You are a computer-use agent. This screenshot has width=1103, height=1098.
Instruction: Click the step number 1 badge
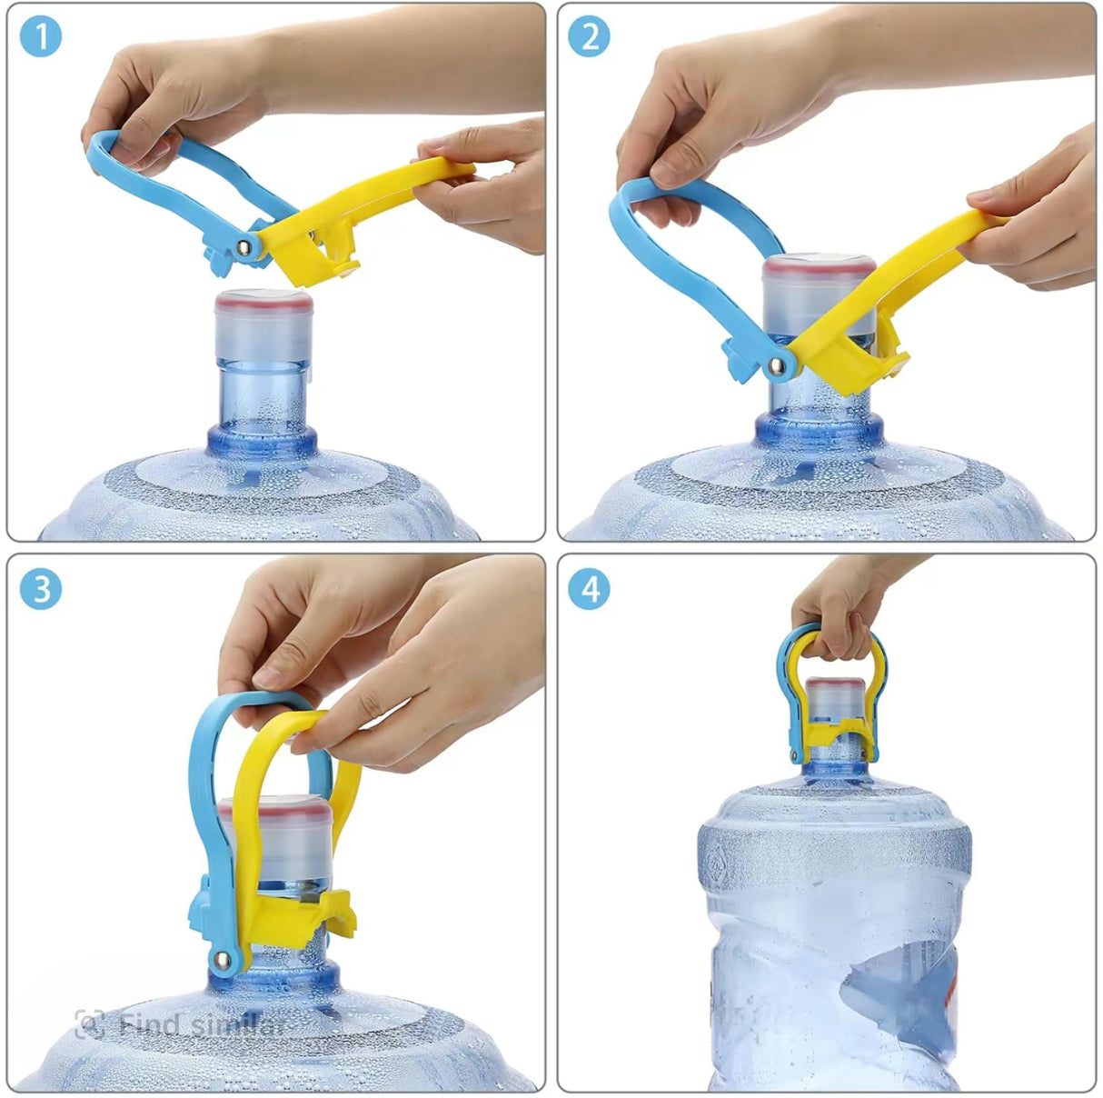coord(40,37)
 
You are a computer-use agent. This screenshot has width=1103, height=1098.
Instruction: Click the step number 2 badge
coord(589,37)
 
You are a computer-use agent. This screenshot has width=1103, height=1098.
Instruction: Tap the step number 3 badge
coord(40,589)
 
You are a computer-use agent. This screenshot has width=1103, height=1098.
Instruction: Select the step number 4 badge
coord(589,589)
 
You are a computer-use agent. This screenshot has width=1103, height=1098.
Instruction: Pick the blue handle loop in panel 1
coord(182,159)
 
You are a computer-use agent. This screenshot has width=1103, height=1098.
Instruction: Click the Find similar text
coord(203,1025)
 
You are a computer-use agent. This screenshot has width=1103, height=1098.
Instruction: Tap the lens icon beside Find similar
coord(89,1025)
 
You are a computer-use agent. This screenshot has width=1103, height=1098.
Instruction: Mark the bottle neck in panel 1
coord(263,400)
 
